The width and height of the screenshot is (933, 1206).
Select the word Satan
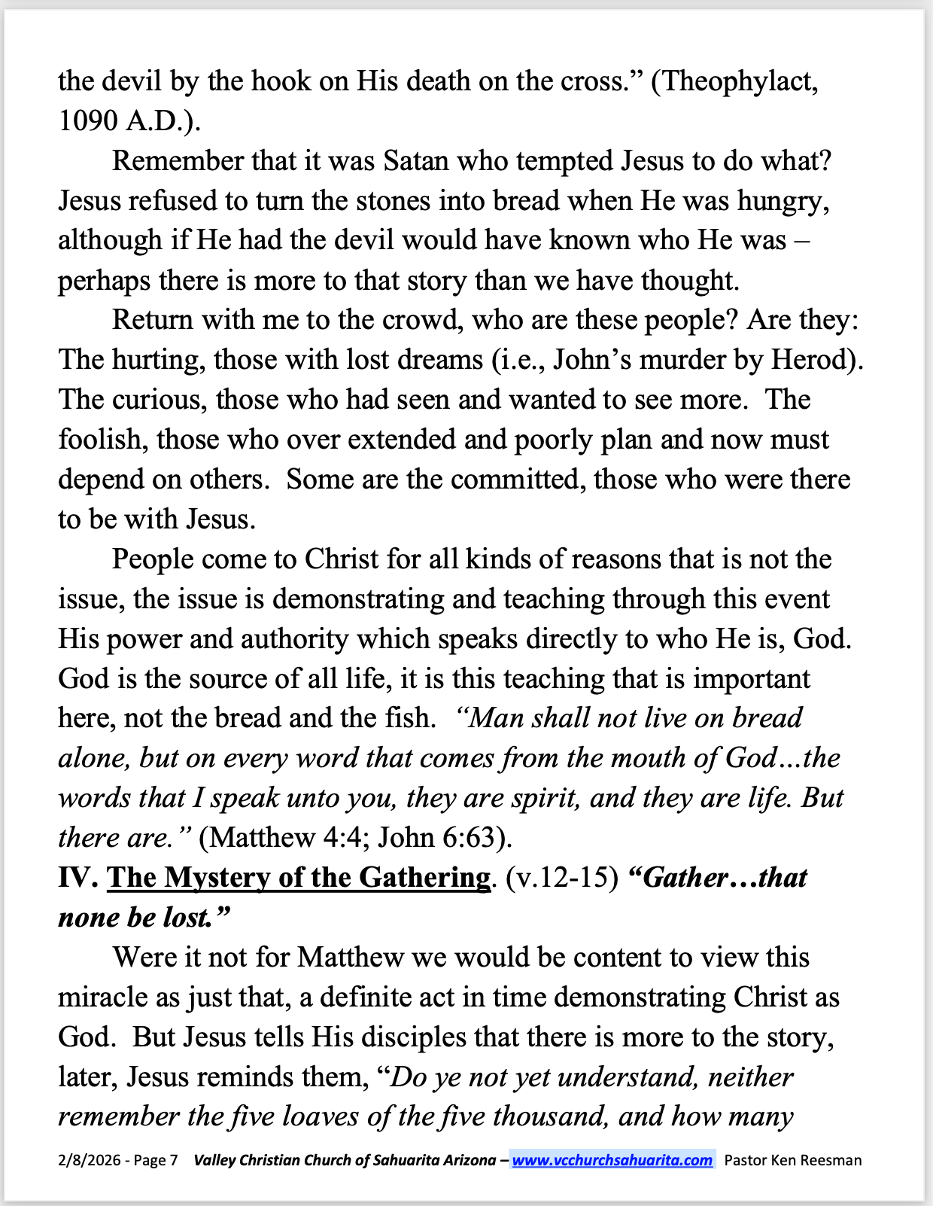[x=415, y=161]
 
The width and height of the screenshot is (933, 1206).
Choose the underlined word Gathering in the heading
[x=424, y=878]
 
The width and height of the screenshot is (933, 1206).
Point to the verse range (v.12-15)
[x=562, y=878]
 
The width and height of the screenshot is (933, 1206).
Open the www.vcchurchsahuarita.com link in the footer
[x=612, y=1160]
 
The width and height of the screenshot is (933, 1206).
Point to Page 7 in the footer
[x=156, y=1160]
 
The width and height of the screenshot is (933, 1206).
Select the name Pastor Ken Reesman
[x=793, y=1160]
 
